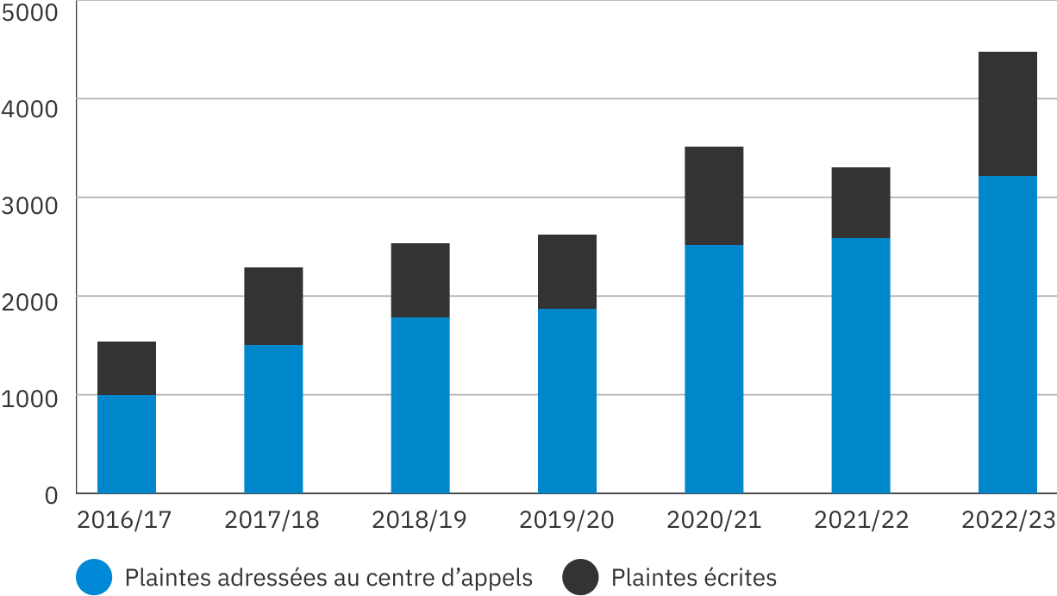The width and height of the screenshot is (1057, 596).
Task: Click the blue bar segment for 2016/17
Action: point(127,443)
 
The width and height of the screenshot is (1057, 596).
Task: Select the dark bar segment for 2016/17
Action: point(127,368)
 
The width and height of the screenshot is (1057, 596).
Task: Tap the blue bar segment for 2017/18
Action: point(273,418)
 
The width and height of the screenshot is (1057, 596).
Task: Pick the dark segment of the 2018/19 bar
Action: point(420,280)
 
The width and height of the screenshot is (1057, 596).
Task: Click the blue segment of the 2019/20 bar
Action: point(566,400)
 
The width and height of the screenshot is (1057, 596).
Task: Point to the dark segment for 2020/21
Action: point(714,196)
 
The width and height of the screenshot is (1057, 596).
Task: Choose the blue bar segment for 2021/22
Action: point(860,365)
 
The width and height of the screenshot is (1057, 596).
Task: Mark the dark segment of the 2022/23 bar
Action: point(1007,114)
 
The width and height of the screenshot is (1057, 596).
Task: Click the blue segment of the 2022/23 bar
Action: point(1007,334)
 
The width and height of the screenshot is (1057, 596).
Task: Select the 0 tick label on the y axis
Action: point(51,496)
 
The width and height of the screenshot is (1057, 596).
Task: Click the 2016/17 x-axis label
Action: point(124,520)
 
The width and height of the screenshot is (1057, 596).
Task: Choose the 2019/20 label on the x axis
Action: point(566,520)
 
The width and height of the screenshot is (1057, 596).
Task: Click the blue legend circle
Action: point(94,577)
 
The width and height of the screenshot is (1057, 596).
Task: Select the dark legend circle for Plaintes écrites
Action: point(580,577)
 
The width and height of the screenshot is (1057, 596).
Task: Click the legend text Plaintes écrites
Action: point(694,577)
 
